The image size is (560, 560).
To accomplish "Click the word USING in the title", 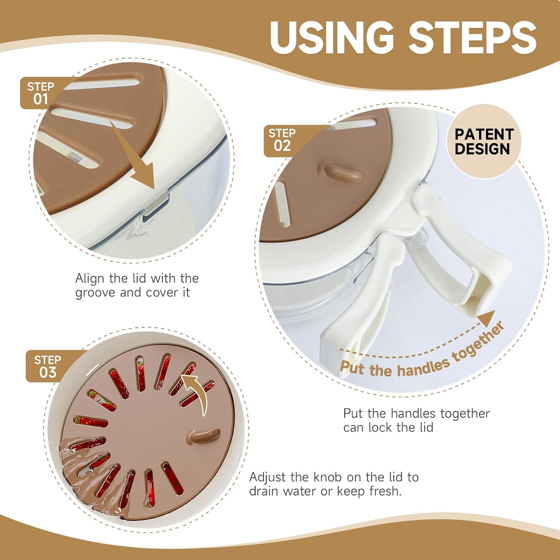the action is click(332, 37).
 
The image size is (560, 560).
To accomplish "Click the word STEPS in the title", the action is click(473, 37).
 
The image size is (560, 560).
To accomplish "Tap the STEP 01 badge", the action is click(40, 93).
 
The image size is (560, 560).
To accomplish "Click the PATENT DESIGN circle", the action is click(484, 141).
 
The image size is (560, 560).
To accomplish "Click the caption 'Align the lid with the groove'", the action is click(137, 285).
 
